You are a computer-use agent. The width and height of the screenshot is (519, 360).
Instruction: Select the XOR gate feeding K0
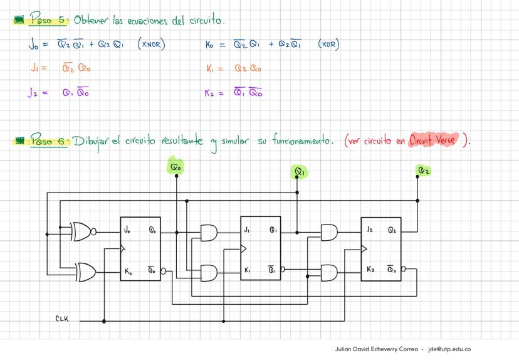click(85, 271)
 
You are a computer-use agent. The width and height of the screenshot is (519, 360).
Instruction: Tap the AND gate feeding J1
click(209, 233)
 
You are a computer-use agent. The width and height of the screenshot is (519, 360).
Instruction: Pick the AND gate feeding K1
click(209, 272)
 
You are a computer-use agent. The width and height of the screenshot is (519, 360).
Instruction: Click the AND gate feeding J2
click(328, 233)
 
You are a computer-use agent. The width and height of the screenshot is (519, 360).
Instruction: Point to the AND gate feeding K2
click(328, 272)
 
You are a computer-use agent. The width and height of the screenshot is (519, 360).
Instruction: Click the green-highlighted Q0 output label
click(176, 167)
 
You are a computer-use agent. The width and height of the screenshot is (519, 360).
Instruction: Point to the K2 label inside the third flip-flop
click(370, 270)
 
